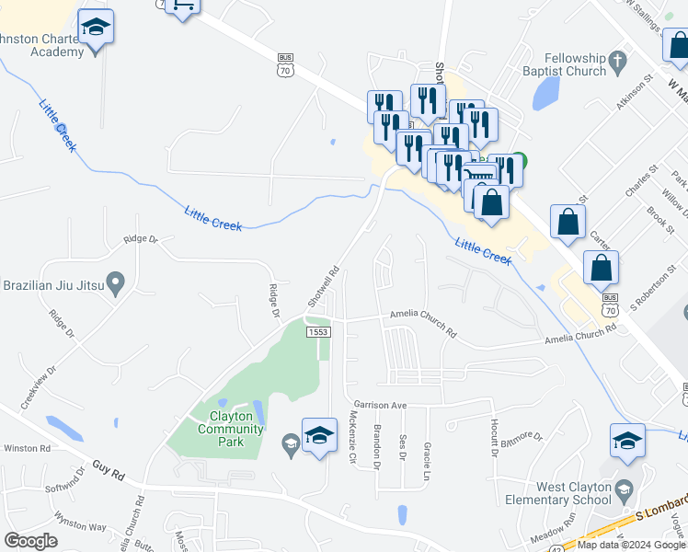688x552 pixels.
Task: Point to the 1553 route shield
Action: [x=318, y=332]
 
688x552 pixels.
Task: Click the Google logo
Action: [x=30, y=540]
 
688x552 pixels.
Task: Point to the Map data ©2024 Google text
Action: [x=630, y=545]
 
